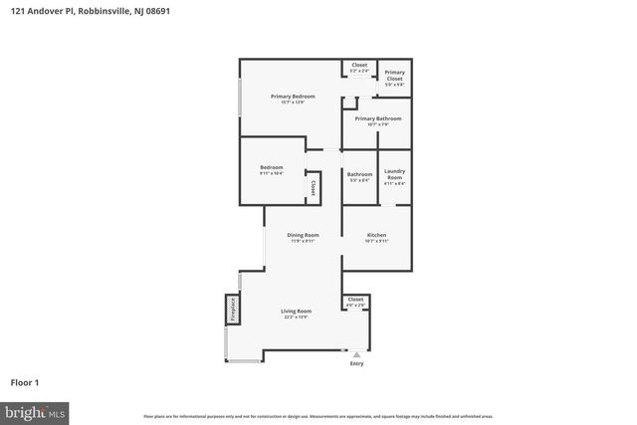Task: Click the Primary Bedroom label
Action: [x=293, y=97]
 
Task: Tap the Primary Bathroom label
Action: [x=377, y=118]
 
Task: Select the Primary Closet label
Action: [x=394, y=75]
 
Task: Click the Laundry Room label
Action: [x=394, y=173]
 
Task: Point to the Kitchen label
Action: [x=376, y=235]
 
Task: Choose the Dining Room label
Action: [x=303, y=235]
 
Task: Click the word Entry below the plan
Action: [x=356, y=363]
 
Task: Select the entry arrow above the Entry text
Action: [x=356, y=353]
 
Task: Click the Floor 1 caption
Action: [x=26, y=381]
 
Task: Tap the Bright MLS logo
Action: [x=35, y=410]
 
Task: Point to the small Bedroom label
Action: [x=272, y=167]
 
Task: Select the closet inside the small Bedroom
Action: [x=313, y=186]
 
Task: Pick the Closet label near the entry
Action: [x=355, y=299]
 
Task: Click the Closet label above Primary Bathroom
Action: [x=359, y=65]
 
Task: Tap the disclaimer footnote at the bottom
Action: [x=318, y=415]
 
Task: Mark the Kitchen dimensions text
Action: [x=376, y=241]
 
